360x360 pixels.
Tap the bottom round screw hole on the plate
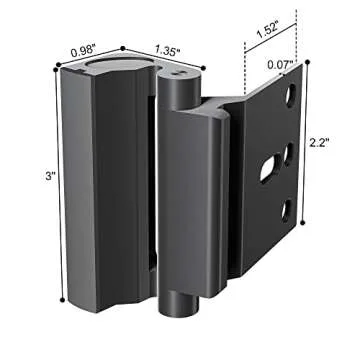pos(286,207)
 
